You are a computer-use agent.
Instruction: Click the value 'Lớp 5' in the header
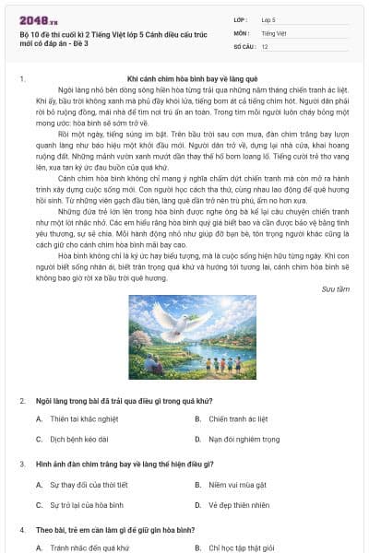click(x=270, y=18)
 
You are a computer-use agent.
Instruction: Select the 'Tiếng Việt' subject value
click(x=274, y=32)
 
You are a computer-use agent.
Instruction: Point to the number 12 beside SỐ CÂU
click(x=265, y=45)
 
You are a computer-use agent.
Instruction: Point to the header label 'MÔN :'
click(x=243, y=32)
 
